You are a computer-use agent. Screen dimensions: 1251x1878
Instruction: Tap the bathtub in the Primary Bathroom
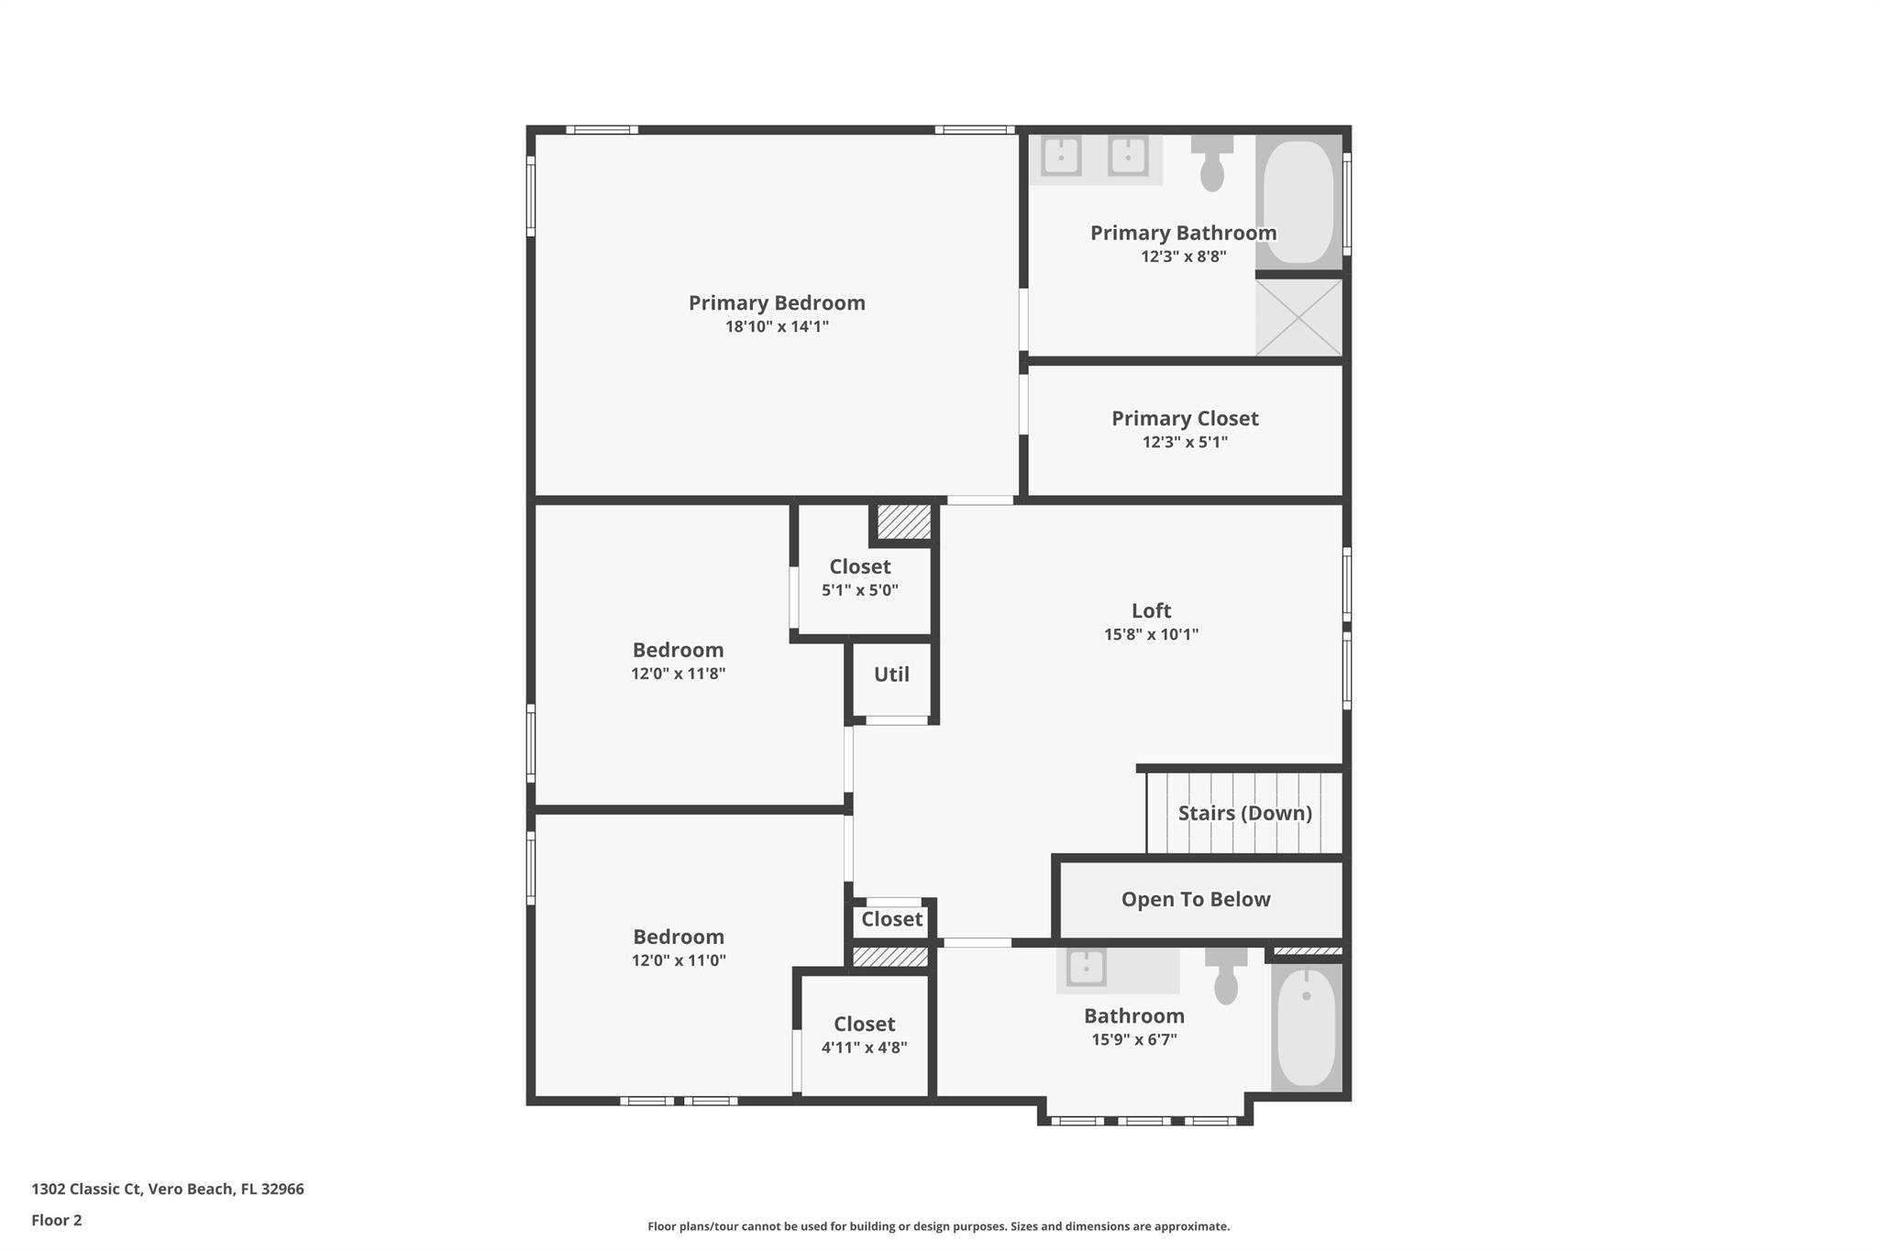[x=1298, y=202]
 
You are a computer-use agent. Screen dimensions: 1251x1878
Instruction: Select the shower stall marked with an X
[x=1298, y=317]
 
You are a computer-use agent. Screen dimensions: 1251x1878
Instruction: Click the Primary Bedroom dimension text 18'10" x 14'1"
[x=777, y=326]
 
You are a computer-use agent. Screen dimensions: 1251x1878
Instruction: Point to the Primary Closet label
[x=1185, y=418]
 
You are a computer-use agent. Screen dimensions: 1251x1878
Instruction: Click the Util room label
[x=891, y=675]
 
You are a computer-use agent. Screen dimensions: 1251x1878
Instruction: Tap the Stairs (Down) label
[x=1244, y=813]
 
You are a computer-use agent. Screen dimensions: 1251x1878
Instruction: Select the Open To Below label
[x=1196, y=899]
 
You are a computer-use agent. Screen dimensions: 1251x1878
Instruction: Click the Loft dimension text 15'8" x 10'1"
[x=1151, y=634]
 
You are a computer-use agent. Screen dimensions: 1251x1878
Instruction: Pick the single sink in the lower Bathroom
[x=1086, y=967]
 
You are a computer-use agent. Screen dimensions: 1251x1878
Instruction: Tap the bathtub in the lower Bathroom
[x=1306, y=1026]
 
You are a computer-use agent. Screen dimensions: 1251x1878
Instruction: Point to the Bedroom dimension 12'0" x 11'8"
[x=678, y=674]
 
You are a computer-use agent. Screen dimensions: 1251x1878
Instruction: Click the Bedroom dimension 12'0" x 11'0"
[x=679, y=960]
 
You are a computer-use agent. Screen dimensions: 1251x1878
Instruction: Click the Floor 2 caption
[x=57, y=1220]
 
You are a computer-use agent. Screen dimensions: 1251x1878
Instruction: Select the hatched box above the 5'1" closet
[x=904, y=522]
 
